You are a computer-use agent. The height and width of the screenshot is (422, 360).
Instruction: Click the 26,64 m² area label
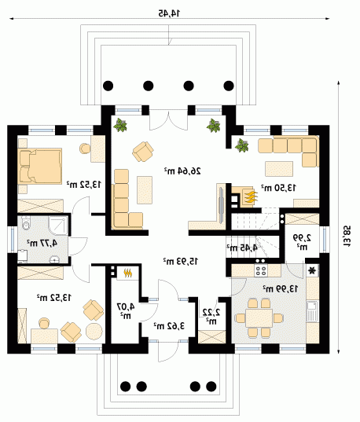182,171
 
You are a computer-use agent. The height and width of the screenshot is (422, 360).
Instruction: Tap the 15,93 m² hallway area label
181,261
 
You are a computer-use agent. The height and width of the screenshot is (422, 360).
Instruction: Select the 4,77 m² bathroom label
42,243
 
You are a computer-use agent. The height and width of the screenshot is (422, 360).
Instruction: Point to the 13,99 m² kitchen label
281,288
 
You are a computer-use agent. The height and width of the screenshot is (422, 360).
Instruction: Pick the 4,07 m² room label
126,310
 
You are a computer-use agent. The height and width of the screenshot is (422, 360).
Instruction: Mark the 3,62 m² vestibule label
169,325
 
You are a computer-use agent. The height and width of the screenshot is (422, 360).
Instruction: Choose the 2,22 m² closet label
211,316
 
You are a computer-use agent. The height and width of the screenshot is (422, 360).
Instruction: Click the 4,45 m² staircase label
242,248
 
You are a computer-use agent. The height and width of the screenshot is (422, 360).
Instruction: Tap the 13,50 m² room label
278,187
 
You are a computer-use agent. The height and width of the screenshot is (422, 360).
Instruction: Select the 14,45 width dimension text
169,13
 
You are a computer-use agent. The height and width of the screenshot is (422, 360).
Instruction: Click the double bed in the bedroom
40,166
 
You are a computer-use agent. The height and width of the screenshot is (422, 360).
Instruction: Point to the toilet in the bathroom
26,222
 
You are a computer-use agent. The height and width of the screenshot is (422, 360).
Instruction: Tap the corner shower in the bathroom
57,226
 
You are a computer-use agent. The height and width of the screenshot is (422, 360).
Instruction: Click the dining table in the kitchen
259,317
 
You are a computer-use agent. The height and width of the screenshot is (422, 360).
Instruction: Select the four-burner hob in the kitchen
261,270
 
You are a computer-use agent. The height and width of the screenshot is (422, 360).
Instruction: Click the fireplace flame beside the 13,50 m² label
251,196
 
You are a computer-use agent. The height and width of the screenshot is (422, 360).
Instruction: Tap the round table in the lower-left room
94,331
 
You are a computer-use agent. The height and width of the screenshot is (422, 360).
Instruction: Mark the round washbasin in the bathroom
55,260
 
